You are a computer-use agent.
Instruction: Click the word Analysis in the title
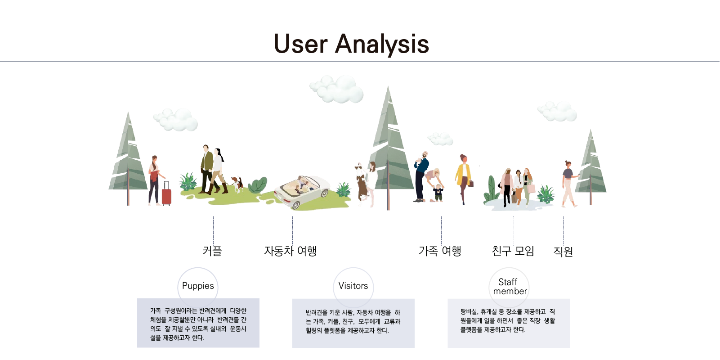[x=382, y=45]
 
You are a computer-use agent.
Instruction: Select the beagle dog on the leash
[x=237, y=184]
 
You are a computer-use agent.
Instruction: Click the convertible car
[x=301, y=191]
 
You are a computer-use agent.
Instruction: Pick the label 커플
[x=212, y=251]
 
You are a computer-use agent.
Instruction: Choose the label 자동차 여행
[x=291, y=251]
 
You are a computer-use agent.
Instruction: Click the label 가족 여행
[x=440, y=251]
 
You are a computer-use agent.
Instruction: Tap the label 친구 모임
[x=513, y=251]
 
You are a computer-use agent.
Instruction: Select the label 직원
[x=563, y=251]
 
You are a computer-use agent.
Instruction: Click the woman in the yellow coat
[x=463, y=179]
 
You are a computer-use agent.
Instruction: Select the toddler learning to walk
[x=438, y=193]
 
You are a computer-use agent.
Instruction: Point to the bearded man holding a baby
[x=421, y=176]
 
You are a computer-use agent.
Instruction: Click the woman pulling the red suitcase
[x=155, y=180]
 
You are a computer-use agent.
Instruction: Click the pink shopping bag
[x=531, y=188]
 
